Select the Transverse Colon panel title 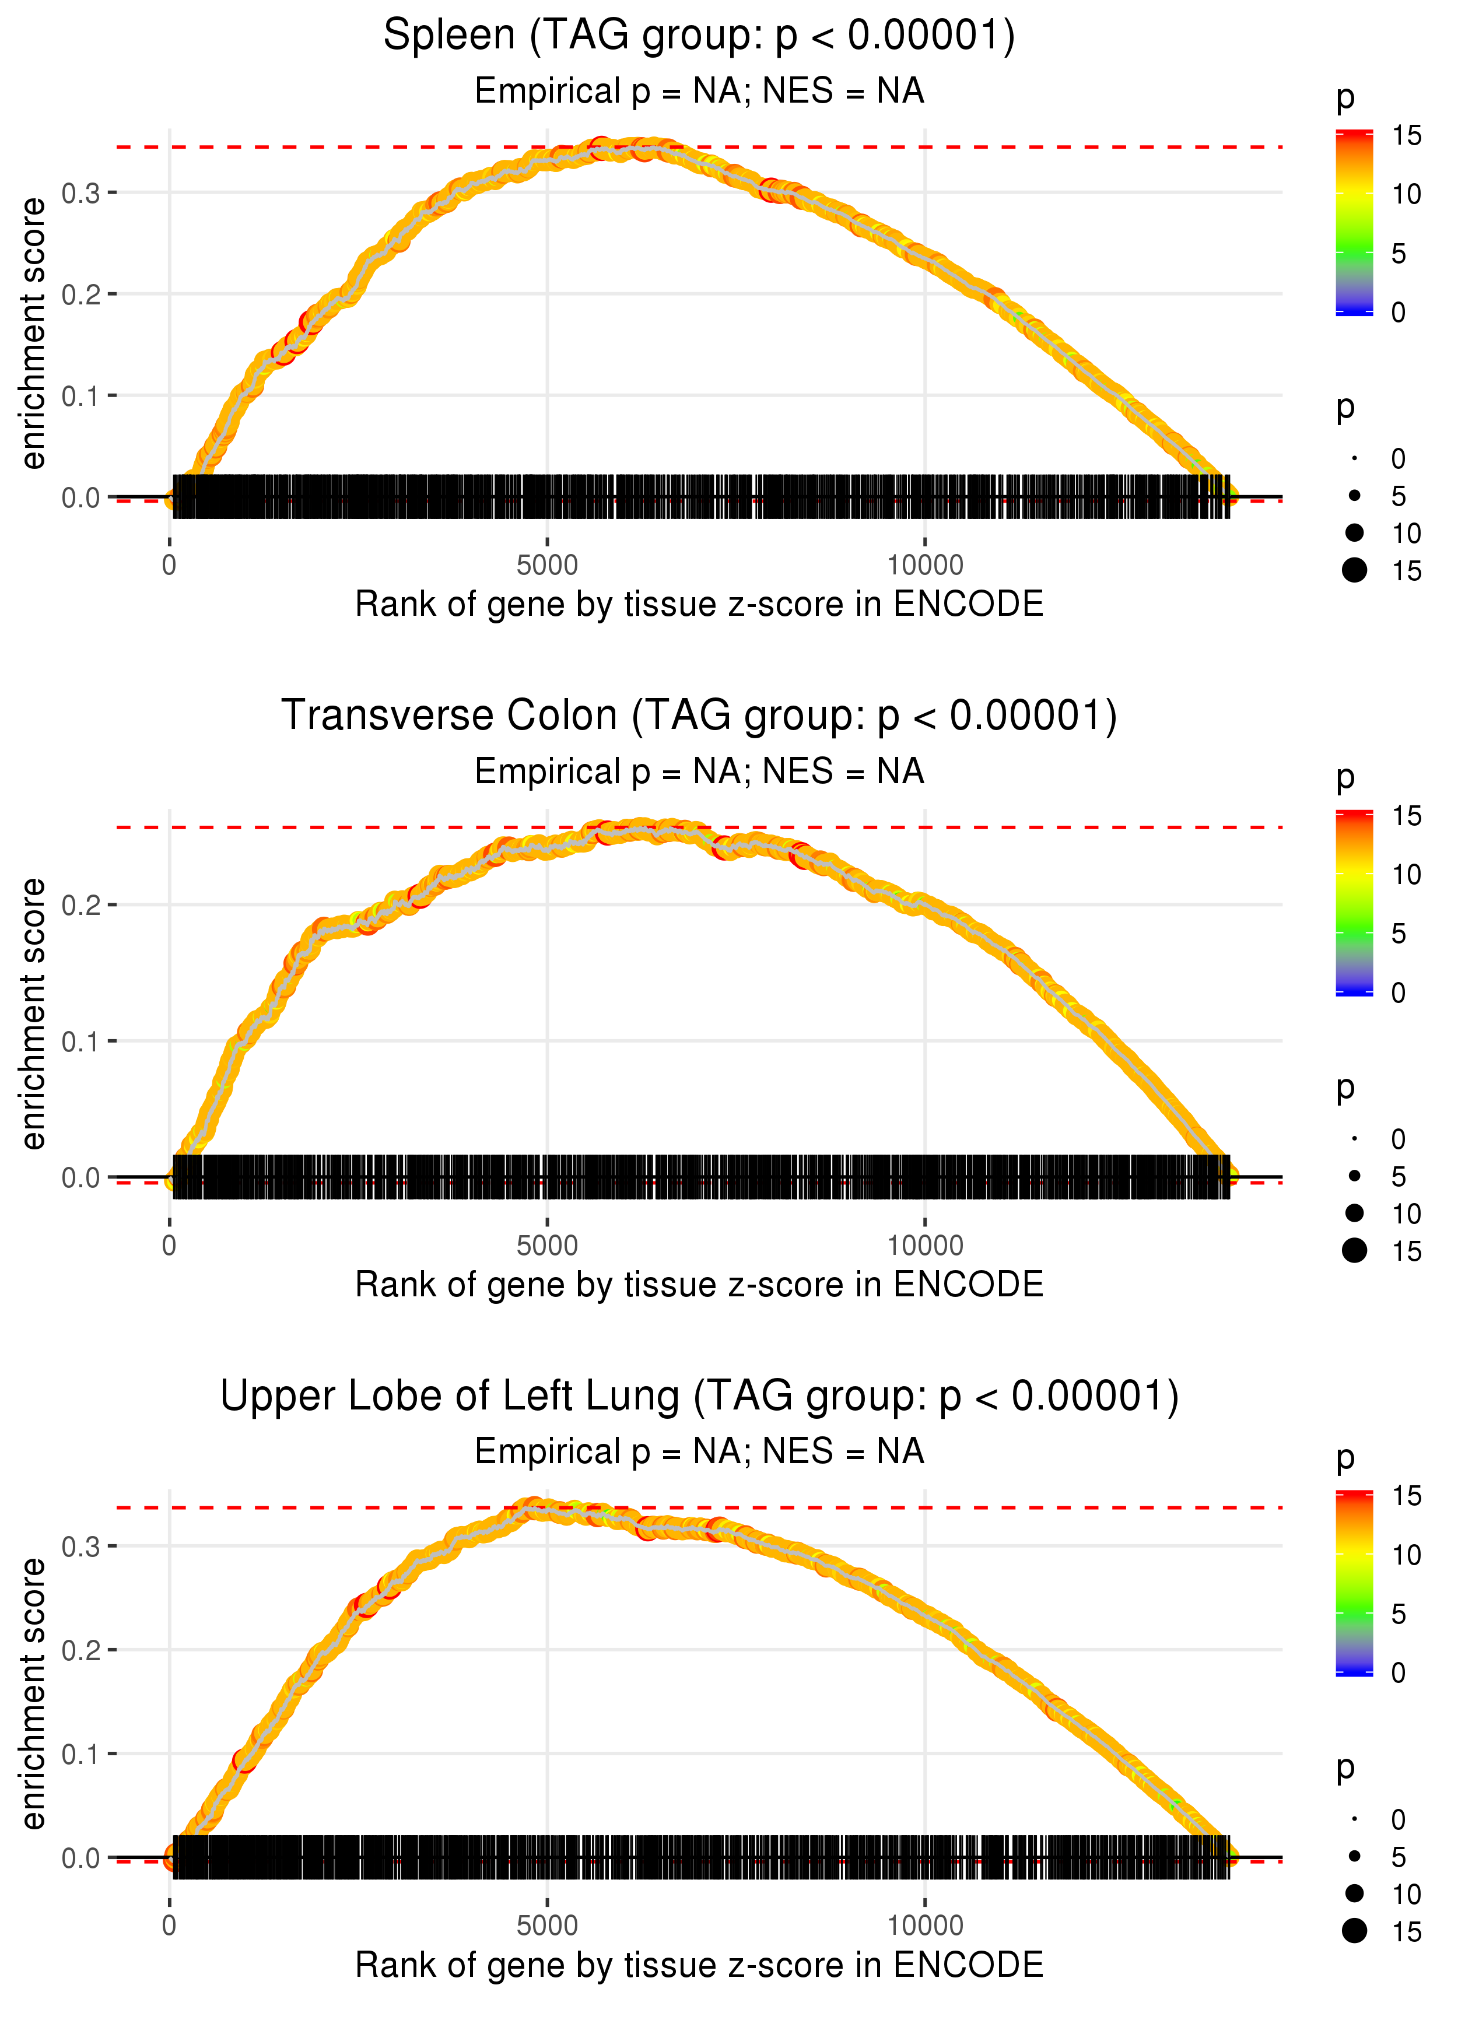point(699,716)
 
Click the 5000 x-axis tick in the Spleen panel point(547,566)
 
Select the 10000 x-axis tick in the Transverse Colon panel point(925,1246)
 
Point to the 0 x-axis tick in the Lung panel point(170,1926)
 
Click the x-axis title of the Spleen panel point(699,604)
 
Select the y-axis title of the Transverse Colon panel point(33,1014)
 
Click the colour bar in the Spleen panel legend point(1354,223)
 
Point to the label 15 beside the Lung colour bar point(1406,1496)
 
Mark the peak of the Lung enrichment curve point(534,1507)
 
